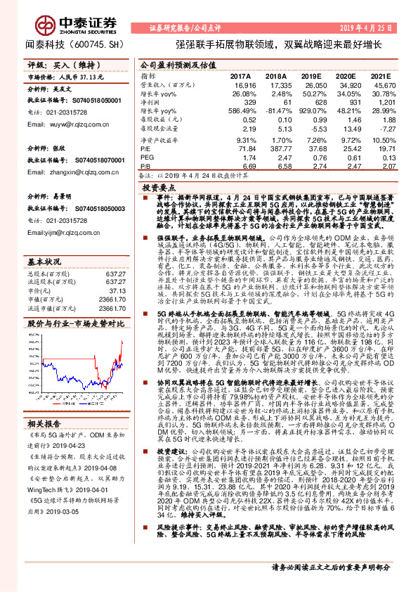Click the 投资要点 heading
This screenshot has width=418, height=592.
[x=159, y=188]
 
